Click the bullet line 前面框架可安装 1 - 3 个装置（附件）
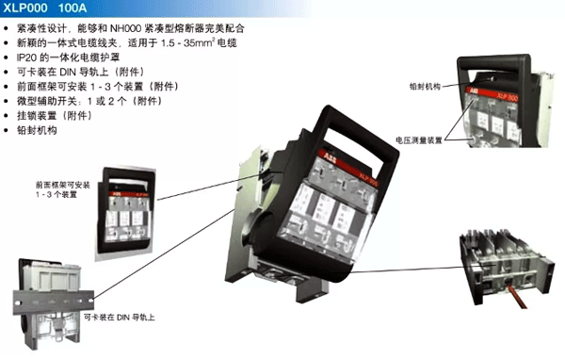(98, 87)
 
